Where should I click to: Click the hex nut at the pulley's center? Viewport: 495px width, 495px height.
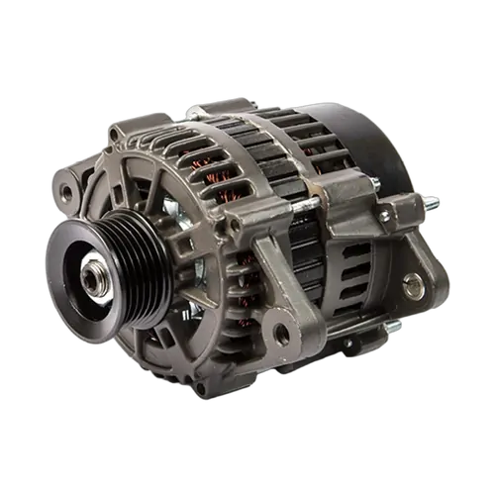click(95, 280)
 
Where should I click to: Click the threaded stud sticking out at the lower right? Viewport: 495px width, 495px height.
click(393, 326)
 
